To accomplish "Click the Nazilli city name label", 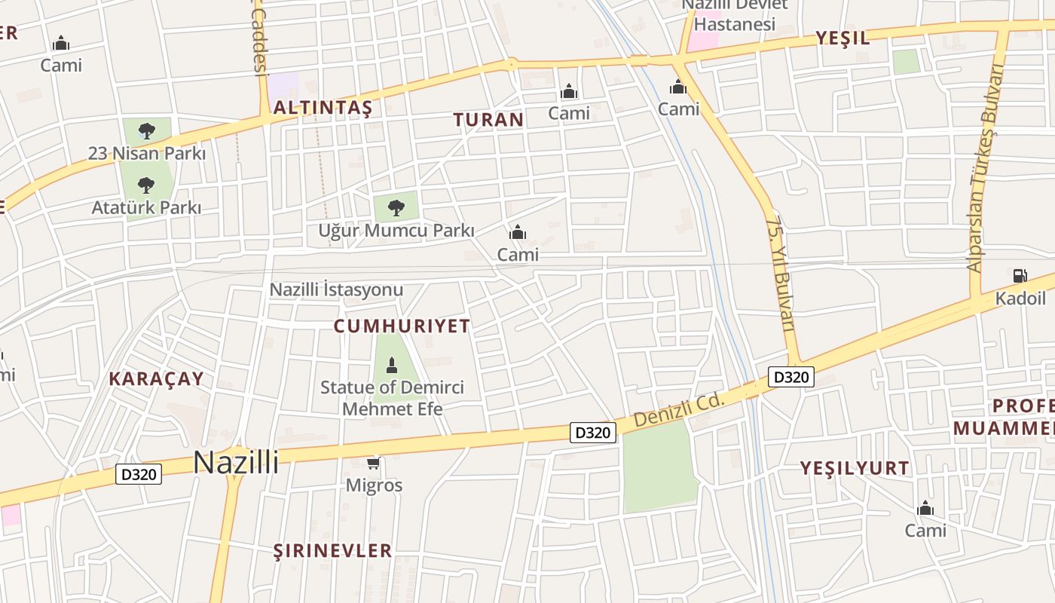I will [x=236, y=462].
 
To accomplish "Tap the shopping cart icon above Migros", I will [x=373, y=462].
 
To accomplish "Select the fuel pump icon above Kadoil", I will [x=1020, y=276].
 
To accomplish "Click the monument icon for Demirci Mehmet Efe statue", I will [x=391, y=366].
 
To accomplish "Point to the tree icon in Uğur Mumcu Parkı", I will [x=396, y=207].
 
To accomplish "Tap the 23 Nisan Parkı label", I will [x=147, y=153].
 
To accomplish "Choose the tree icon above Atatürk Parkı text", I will [x=146, y=184].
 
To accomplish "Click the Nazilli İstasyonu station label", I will [x=336, y=289].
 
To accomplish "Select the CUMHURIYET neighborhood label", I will [x=402, y=326].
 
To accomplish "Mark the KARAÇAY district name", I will [x=157, y=378].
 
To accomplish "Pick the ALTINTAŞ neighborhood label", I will [x=323, y=108].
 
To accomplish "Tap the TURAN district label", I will [x=488, y=119].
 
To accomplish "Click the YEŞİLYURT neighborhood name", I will [x=855, y=468].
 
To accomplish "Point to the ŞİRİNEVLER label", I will [x=332, y=550].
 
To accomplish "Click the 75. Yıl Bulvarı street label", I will [x=781, y=274].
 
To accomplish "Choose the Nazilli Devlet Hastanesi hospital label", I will [x=734, y=15].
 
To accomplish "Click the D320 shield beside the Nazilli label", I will [x=139, y=474].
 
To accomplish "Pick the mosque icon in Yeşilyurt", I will [x=925, y=509].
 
